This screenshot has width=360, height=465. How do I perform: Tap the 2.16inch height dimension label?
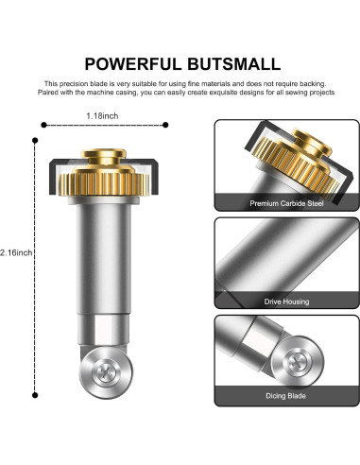pyautogui.click(x=16, y=252)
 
